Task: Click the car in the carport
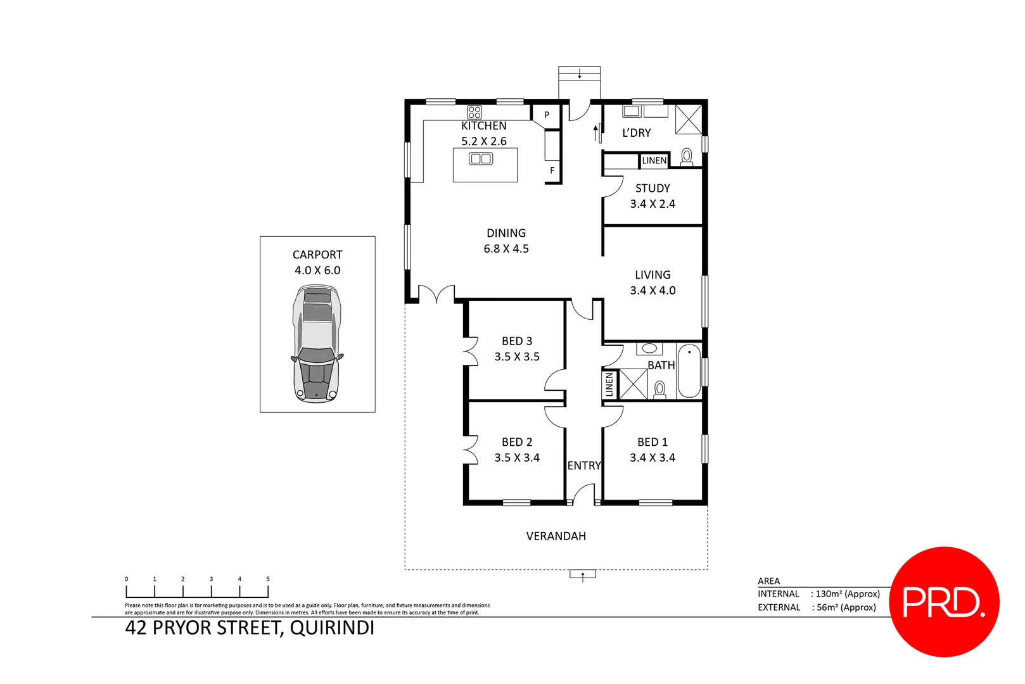click(317, 344)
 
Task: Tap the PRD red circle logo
click(944, 602)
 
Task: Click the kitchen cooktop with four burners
click(474, 113)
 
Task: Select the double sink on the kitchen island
click(481, 159)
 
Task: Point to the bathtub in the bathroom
click(689, 371)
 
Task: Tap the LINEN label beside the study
click(654, 161)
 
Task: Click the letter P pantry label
click(547, 115)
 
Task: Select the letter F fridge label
click(552, 171)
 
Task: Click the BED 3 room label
click(517, 341)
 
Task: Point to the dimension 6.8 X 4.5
click(506, 249)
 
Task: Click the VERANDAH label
click(556, 536)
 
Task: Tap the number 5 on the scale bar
click(268, 579)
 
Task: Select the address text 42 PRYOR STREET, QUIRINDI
click(250, 628)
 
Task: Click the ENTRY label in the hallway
click(583, 466)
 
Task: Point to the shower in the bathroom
click(633, 384)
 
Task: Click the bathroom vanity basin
click(649, 348)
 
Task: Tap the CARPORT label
click(317, 255)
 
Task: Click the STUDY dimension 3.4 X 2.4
click(653, 204)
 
